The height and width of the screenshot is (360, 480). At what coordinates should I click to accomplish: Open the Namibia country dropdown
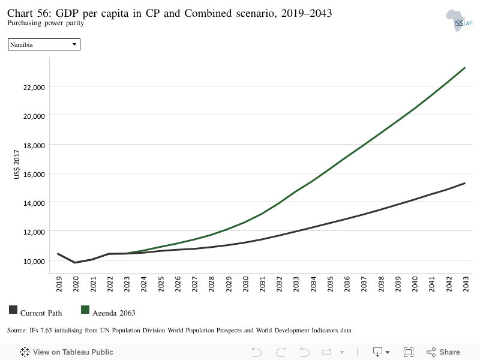(44, 44)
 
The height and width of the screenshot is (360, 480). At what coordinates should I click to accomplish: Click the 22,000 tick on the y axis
(34, 88)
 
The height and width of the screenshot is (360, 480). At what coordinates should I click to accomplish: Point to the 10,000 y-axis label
(34, 262)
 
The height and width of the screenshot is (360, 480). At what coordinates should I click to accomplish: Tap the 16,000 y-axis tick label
(34, 175)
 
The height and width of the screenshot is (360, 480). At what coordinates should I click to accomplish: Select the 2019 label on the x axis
(59, 284)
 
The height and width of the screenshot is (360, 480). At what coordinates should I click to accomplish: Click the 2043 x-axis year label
(466, 284)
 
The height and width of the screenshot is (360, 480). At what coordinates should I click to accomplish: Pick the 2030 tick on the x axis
(245, 284)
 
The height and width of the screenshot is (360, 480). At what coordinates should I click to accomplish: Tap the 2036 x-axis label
(347, 284)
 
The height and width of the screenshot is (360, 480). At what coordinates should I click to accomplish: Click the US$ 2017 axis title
(17, 164)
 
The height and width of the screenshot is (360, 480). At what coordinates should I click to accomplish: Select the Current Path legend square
(13, 310)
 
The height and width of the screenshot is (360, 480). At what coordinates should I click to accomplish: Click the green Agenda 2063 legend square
(85, 310)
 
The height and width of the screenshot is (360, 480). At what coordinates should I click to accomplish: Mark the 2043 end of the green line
(464, 68)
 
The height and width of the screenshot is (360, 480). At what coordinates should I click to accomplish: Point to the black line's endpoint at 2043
(464, 184)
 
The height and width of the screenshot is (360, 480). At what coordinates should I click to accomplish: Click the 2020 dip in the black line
(75, 263)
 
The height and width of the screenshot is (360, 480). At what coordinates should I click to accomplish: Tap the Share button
(443, 352)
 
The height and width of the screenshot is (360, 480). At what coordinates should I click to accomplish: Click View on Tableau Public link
(67, 352)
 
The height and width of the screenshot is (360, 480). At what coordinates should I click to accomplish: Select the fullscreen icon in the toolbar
(409, 352)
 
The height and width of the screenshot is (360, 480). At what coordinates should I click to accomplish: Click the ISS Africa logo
(459, 21)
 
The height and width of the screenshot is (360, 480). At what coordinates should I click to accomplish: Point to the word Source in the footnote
(17, 331)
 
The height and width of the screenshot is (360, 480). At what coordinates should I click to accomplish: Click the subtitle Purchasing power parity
(46, 23)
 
